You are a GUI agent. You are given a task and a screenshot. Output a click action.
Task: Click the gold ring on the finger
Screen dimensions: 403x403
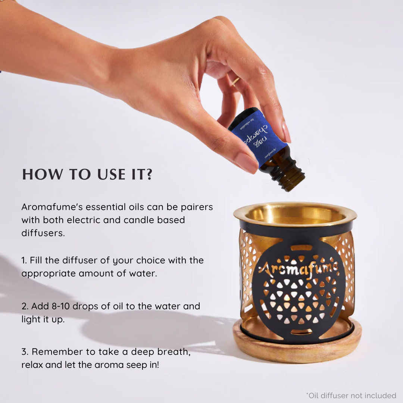pos(236,82)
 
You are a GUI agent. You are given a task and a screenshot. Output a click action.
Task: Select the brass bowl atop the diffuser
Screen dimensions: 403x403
pos(295,215)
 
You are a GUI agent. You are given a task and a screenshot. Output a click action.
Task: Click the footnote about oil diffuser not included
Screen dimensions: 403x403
pos(351,395)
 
